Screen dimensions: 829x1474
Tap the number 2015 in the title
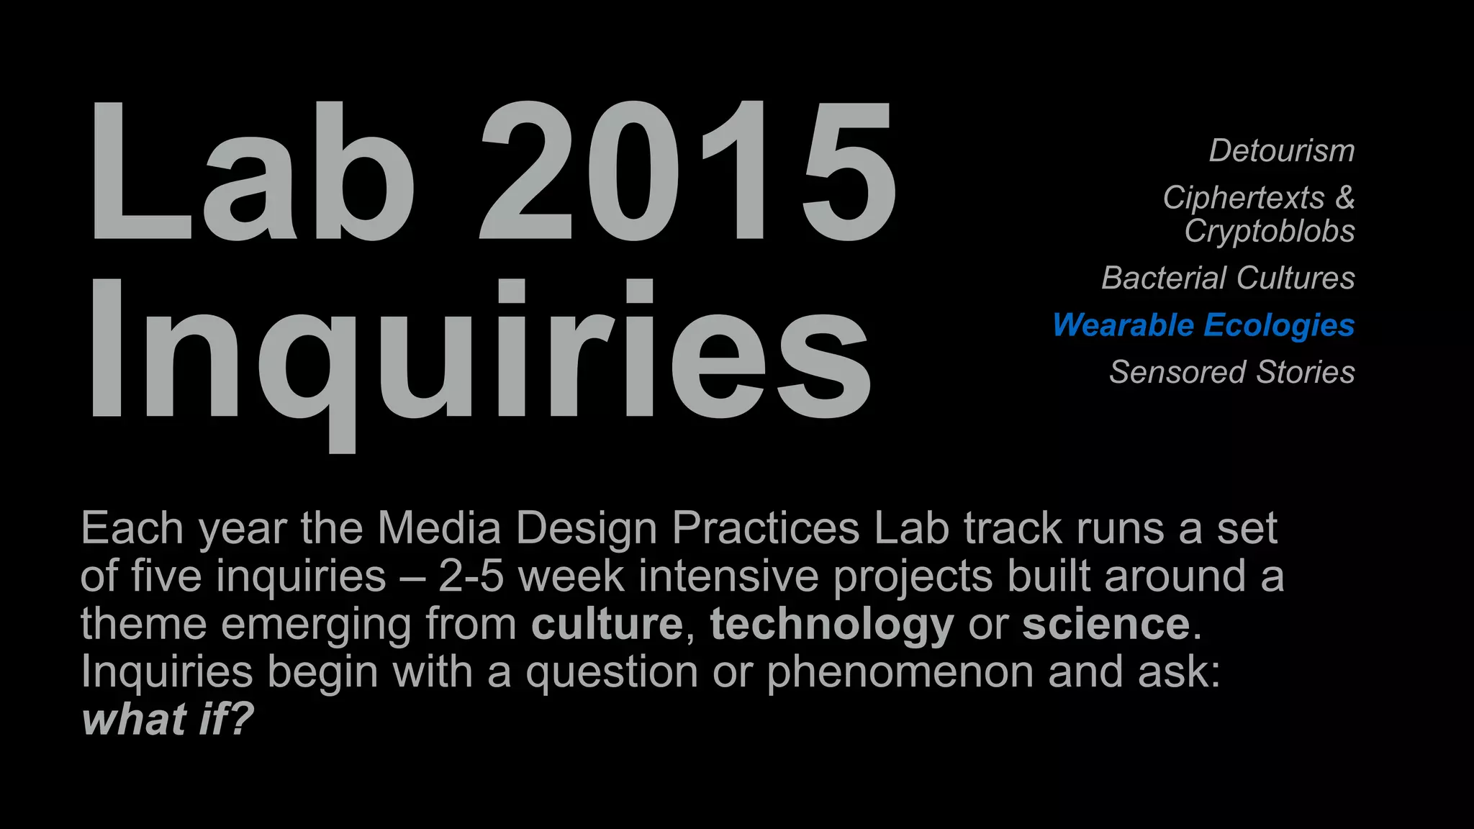(x=687, y=173)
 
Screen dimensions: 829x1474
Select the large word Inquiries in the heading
(x=479, y=353)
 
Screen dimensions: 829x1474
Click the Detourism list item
(x=1281, y=151)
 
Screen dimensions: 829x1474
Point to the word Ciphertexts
(x=1243, y=198)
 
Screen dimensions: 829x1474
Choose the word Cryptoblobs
(x=1270, y=232)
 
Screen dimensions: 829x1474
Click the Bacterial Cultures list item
(x=1228, y=278)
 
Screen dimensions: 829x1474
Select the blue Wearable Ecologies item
(x=1203, y=325)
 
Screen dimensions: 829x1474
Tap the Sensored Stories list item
(x=1231, y=373)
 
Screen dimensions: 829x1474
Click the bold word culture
(x=607, y=624)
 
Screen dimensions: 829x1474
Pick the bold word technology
(x=832, y=624)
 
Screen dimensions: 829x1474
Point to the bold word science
(x=1105, y=624)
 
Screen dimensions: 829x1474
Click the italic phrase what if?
(x=168, y=719)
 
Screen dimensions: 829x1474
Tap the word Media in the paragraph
(x=439, y=528)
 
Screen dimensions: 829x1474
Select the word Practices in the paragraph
(x=765, y=528)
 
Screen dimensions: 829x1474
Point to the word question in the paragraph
(x=612, y=673)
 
